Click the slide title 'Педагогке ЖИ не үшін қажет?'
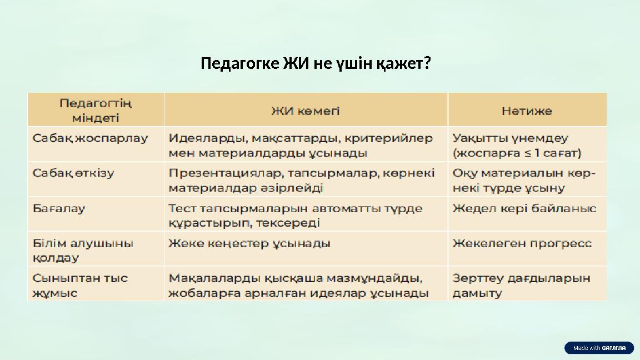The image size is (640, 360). (x=316, y=64)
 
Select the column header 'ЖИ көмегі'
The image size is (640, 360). (x=306, y=111)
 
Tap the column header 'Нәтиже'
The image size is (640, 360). (x=527, y=111)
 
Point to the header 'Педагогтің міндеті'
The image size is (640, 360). (x=96, y=111)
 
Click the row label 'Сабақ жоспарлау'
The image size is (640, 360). (x=90, y=138)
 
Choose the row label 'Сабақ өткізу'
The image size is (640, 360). (x=73, y=173)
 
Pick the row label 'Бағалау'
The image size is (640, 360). (x=59, y=209)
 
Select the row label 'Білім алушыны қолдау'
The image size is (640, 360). (x=83, y=250)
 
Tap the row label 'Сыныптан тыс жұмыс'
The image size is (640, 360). (x=80, y=285)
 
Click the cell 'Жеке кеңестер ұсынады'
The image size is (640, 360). (x=249, y=243)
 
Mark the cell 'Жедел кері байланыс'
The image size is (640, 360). (x=524, y=209)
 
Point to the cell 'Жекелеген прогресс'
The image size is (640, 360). (x=522, y=243)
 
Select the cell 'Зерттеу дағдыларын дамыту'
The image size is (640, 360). (x=521, y=285)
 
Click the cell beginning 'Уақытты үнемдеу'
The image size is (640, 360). (x=517, y=145)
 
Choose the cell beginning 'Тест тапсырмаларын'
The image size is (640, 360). (x=295, y=216)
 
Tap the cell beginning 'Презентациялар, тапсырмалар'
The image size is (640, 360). (x=301, y=180)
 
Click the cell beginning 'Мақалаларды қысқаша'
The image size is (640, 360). (x=298, y=285)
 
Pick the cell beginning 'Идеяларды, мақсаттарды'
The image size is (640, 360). (x=300, y=145)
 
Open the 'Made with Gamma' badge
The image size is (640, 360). (x=599, y=348)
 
